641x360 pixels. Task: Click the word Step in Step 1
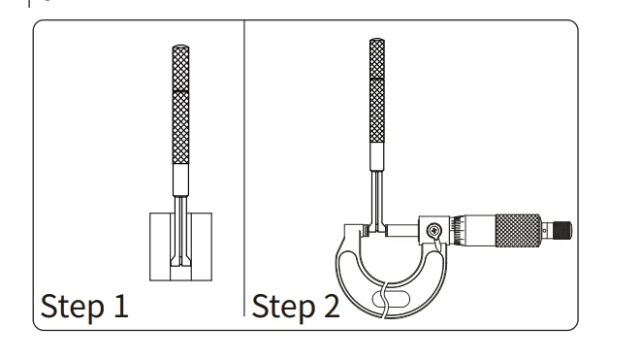pos(73,307)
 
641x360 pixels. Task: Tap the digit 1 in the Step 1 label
pos(121,305)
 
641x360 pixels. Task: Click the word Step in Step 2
pos(283,307)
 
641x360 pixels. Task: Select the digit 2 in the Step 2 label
pos(332,306)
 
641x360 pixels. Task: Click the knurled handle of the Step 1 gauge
pos(180,105)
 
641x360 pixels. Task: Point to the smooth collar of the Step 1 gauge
pos(180,180)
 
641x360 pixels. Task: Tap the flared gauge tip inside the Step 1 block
pos(180,261)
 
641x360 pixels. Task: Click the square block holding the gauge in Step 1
pos(180,246)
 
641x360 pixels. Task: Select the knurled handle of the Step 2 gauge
pos(377,90)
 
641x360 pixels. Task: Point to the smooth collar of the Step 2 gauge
pos(377,156)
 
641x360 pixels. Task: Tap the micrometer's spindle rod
pos(402,230)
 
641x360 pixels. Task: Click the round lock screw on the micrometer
pos(433,231)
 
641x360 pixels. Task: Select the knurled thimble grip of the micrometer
pos(519,230)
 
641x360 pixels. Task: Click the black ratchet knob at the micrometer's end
pos(562,231)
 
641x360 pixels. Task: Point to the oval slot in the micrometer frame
pos(391,299)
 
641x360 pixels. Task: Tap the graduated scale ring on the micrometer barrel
pos(457,231)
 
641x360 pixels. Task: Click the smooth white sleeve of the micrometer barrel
pos(479,231)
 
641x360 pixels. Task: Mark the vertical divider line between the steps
pos(244,168)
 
